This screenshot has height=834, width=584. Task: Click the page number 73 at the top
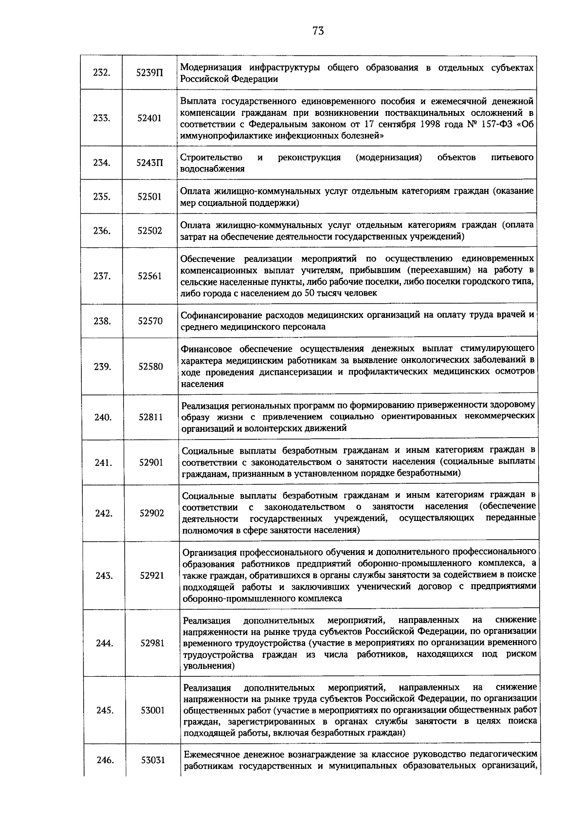pos(318,31)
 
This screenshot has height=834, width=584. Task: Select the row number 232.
pos(101,73)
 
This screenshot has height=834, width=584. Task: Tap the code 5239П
pos(149,73)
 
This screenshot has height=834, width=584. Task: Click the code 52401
pos(149,118)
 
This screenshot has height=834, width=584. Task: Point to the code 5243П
pos(149,163)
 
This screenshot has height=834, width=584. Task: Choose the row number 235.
pos(101,197)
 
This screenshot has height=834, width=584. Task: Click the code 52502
pos(149,231)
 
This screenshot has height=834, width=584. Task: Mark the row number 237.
pos(102,276)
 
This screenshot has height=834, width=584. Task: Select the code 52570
pos(150,321)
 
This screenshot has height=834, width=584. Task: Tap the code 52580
pos(150,367)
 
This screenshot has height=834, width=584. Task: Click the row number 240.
pos(103,417)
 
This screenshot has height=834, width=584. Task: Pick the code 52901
pos(151,463)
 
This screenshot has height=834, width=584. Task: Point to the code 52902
pos(151,513)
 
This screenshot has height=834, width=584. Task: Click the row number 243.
pos(104,575)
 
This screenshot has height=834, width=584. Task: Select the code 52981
pos(152,643)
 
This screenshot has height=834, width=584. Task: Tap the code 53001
pos(153,710)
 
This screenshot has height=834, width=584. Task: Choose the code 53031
pos(153,760)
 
